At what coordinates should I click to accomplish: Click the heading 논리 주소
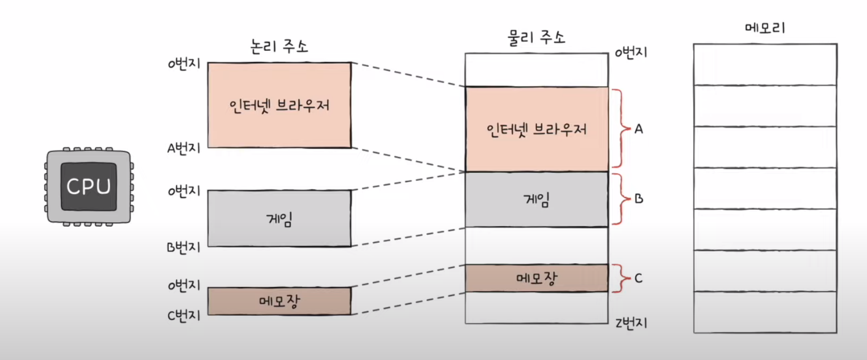click(279, 46)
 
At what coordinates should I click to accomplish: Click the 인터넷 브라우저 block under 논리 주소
click(279, 105)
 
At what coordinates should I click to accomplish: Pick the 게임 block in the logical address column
click(279, 218)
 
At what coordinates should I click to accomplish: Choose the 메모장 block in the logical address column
click(279, 301)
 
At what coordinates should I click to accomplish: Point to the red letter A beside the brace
click(639, 129)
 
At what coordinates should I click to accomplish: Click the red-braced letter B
click(639, 199)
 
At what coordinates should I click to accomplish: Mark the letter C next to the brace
click(638, 278)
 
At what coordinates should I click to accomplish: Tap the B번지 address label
click(183, 247)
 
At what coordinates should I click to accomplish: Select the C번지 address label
click(183, 315)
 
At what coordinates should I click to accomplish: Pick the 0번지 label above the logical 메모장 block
click(183, 286)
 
